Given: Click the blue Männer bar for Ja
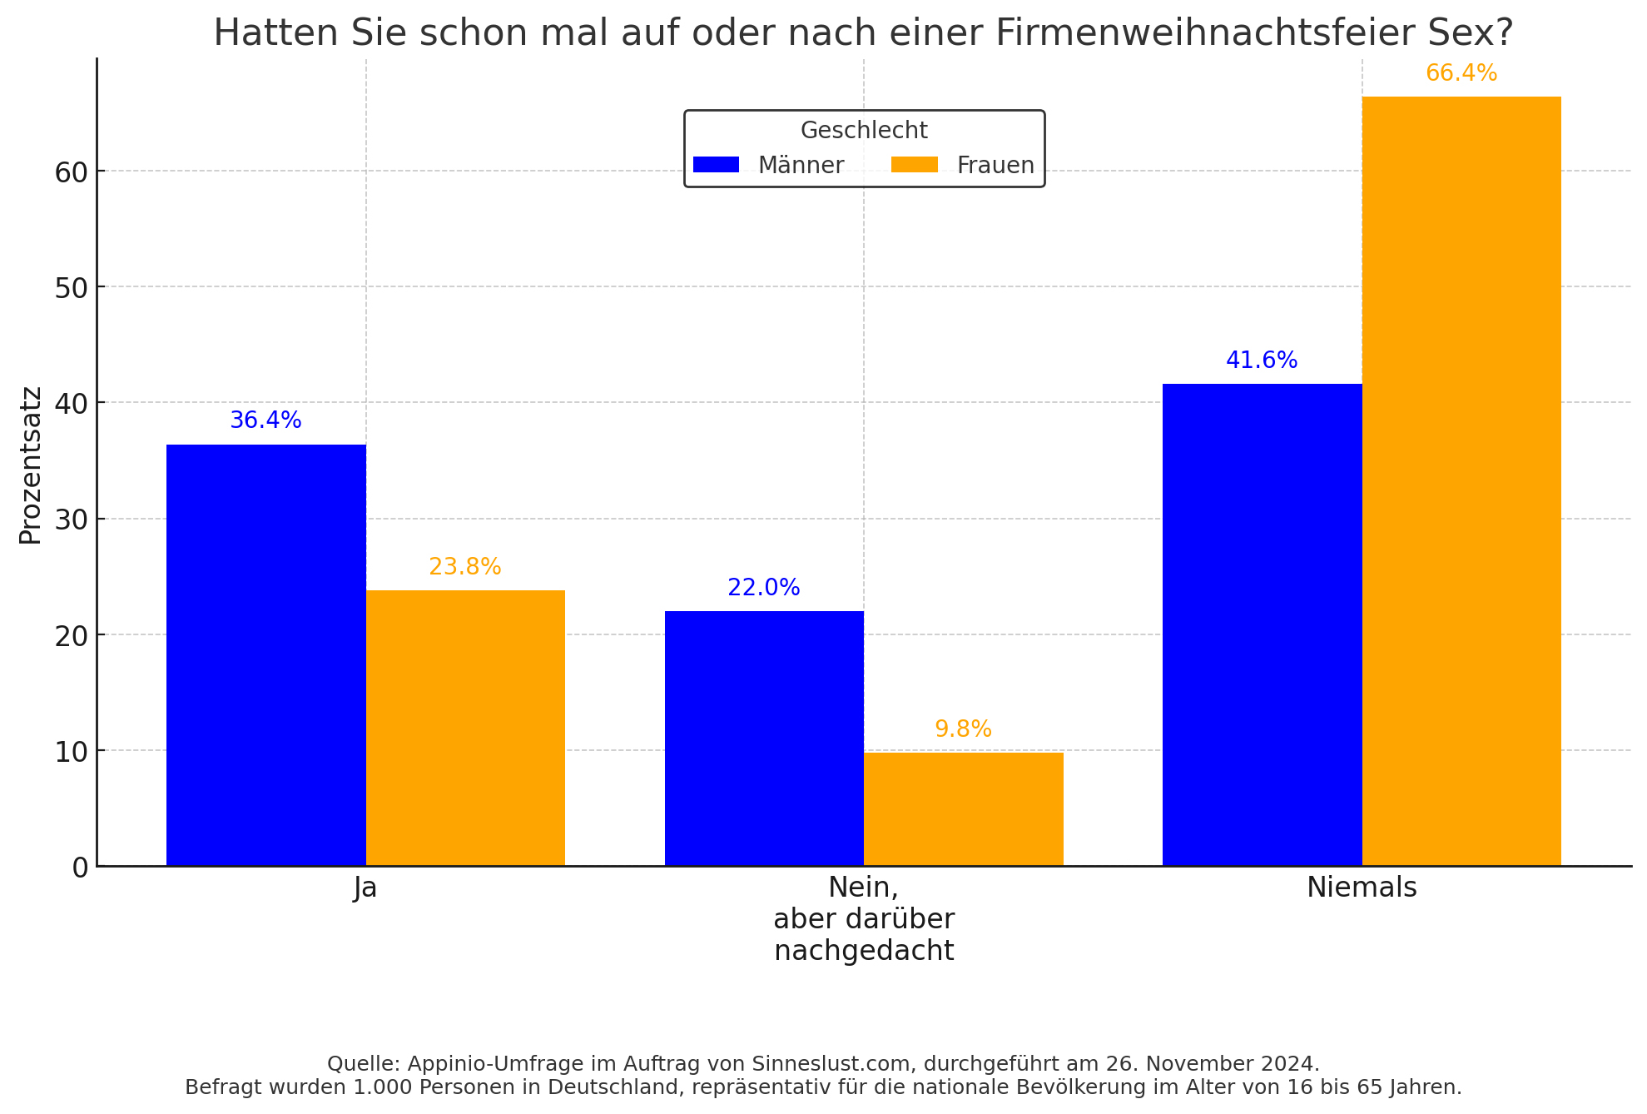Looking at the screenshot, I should (x=265, y=655).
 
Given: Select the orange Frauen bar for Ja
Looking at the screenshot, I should (x=465, y=728).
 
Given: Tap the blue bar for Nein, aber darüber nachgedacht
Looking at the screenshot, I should (x=764, y=739).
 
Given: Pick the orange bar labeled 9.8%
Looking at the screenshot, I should (x=963, y=808).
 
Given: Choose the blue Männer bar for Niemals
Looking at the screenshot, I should (x=1262, y=624).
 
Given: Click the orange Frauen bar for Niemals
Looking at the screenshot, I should (x=1461, y=481).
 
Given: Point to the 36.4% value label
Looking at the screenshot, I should (x=265, y=420).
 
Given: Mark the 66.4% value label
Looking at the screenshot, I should (x=1461, y=73).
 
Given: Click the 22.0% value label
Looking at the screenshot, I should (x=764, y=588).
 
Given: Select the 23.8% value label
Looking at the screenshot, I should (x=465, y=567).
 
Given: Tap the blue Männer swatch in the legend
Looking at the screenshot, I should (x=716, y=165).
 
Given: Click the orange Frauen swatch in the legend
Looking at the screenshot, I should (x=914, y=165).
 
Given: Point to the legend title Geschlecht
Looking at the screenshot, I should (x=864, y=131).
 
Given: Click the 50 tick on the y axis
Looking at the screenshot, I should (x=72, y=288).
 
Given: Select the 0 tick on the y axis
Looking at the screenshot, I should (x=80, y=868).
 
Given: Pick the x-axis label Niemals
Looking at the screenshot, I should (x=1362, y=888).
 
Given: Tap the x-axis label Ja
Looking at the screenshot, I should (x=365, y=888).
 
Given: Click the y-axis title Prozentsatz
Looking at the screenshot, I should (x=31, y=465).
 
